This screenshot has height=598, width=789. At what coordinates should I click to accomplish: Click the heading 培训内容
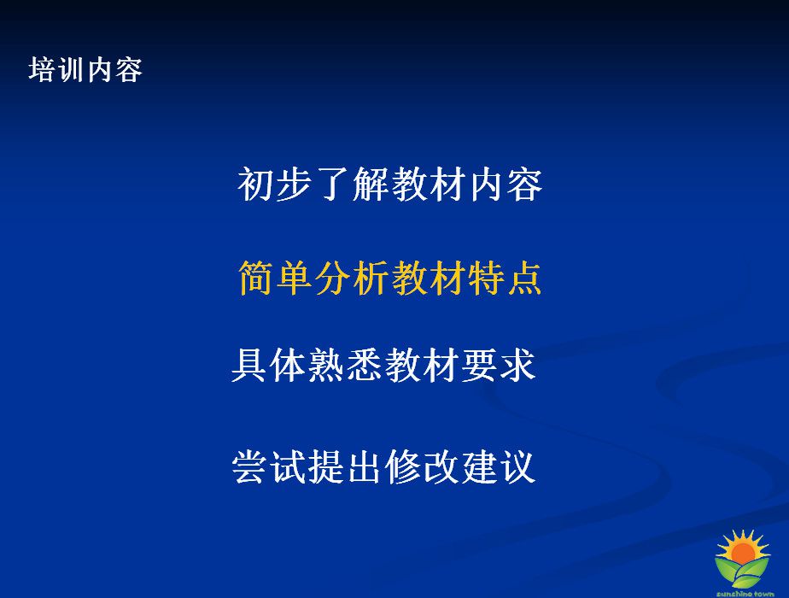(x=85, y=69)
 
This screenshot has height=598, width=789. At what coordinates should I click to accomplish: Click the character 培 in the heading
(x=43, y=69)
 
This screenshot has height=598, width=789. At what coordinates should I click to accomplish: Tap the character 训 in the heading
(x=71, y=69)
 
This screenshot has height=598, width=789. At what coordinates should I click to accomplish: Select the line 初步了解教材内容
(x=390, y=185)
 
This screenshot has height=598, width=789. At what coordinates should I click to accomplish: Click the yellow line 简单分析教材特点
(x=390, y=278)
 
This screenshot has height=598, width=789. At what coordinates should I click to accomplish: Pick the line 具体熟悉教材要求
(x=383, y=365)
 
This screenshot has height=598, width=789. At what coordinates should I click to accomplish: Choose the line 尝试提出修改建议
(x=383, y=466)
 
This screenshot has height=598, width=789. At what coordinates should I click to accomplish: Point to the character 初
(x=256, y=185)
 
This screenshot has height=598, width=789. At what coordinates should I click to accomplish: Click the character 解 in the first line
(x=371, y=185)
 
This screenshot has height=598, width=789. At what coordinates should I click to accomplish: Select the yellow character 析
(x=371, y=278)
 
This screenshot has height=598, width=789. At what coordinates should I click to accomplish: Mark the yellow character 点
(x=523, y=278)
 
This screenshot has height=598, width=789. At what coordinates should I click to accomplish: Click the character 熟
(x=326, y=365)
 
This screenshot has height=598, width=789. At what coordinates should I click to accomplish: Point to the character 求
(x=517, y=365)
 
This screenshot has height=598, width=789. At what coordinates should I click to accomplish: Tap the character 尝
(x=250, y=466)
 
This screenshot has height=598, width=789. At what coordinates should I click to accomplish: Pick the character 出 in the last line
(x=365, y=466)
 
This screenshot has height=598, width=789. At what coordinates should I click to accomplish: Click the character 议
(x=517, y=466)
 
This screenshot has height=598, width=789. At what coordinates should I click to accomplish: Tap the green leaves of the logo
(x=743, y=572)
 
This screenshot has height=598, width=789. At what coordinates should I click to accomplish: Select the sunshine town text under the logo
(x=745, y=594)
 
